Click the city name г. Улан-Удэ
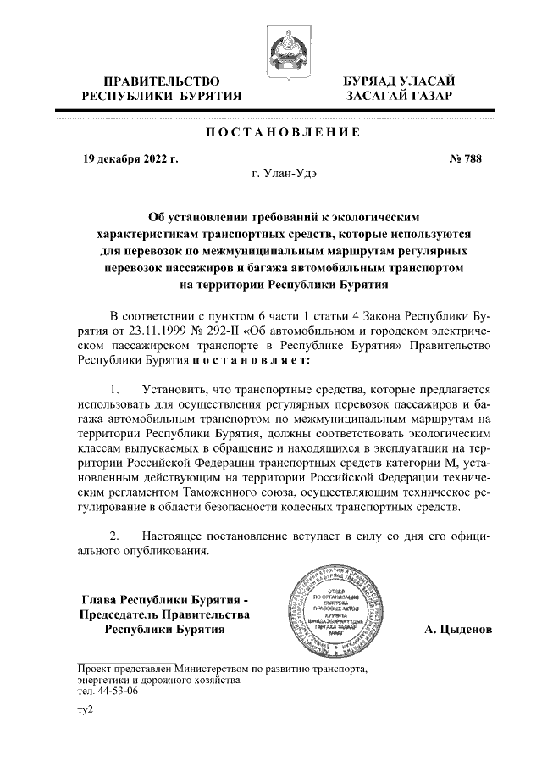[284, 174]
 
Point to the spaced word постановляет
[252, 359]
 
